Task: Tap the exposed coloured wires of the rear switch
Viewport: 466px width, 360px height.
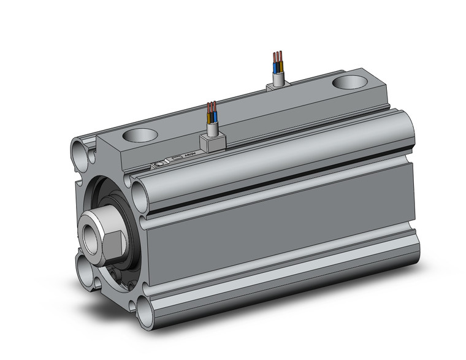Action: pyautogui.click(x=277, y=59)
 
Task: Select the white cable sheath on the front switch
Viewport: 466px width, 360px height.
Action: pyautogui.click(x=212, y=128)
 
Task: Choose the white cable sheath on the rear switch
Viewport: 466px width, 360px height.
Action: pyautogui.click(x=278, y=76)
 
